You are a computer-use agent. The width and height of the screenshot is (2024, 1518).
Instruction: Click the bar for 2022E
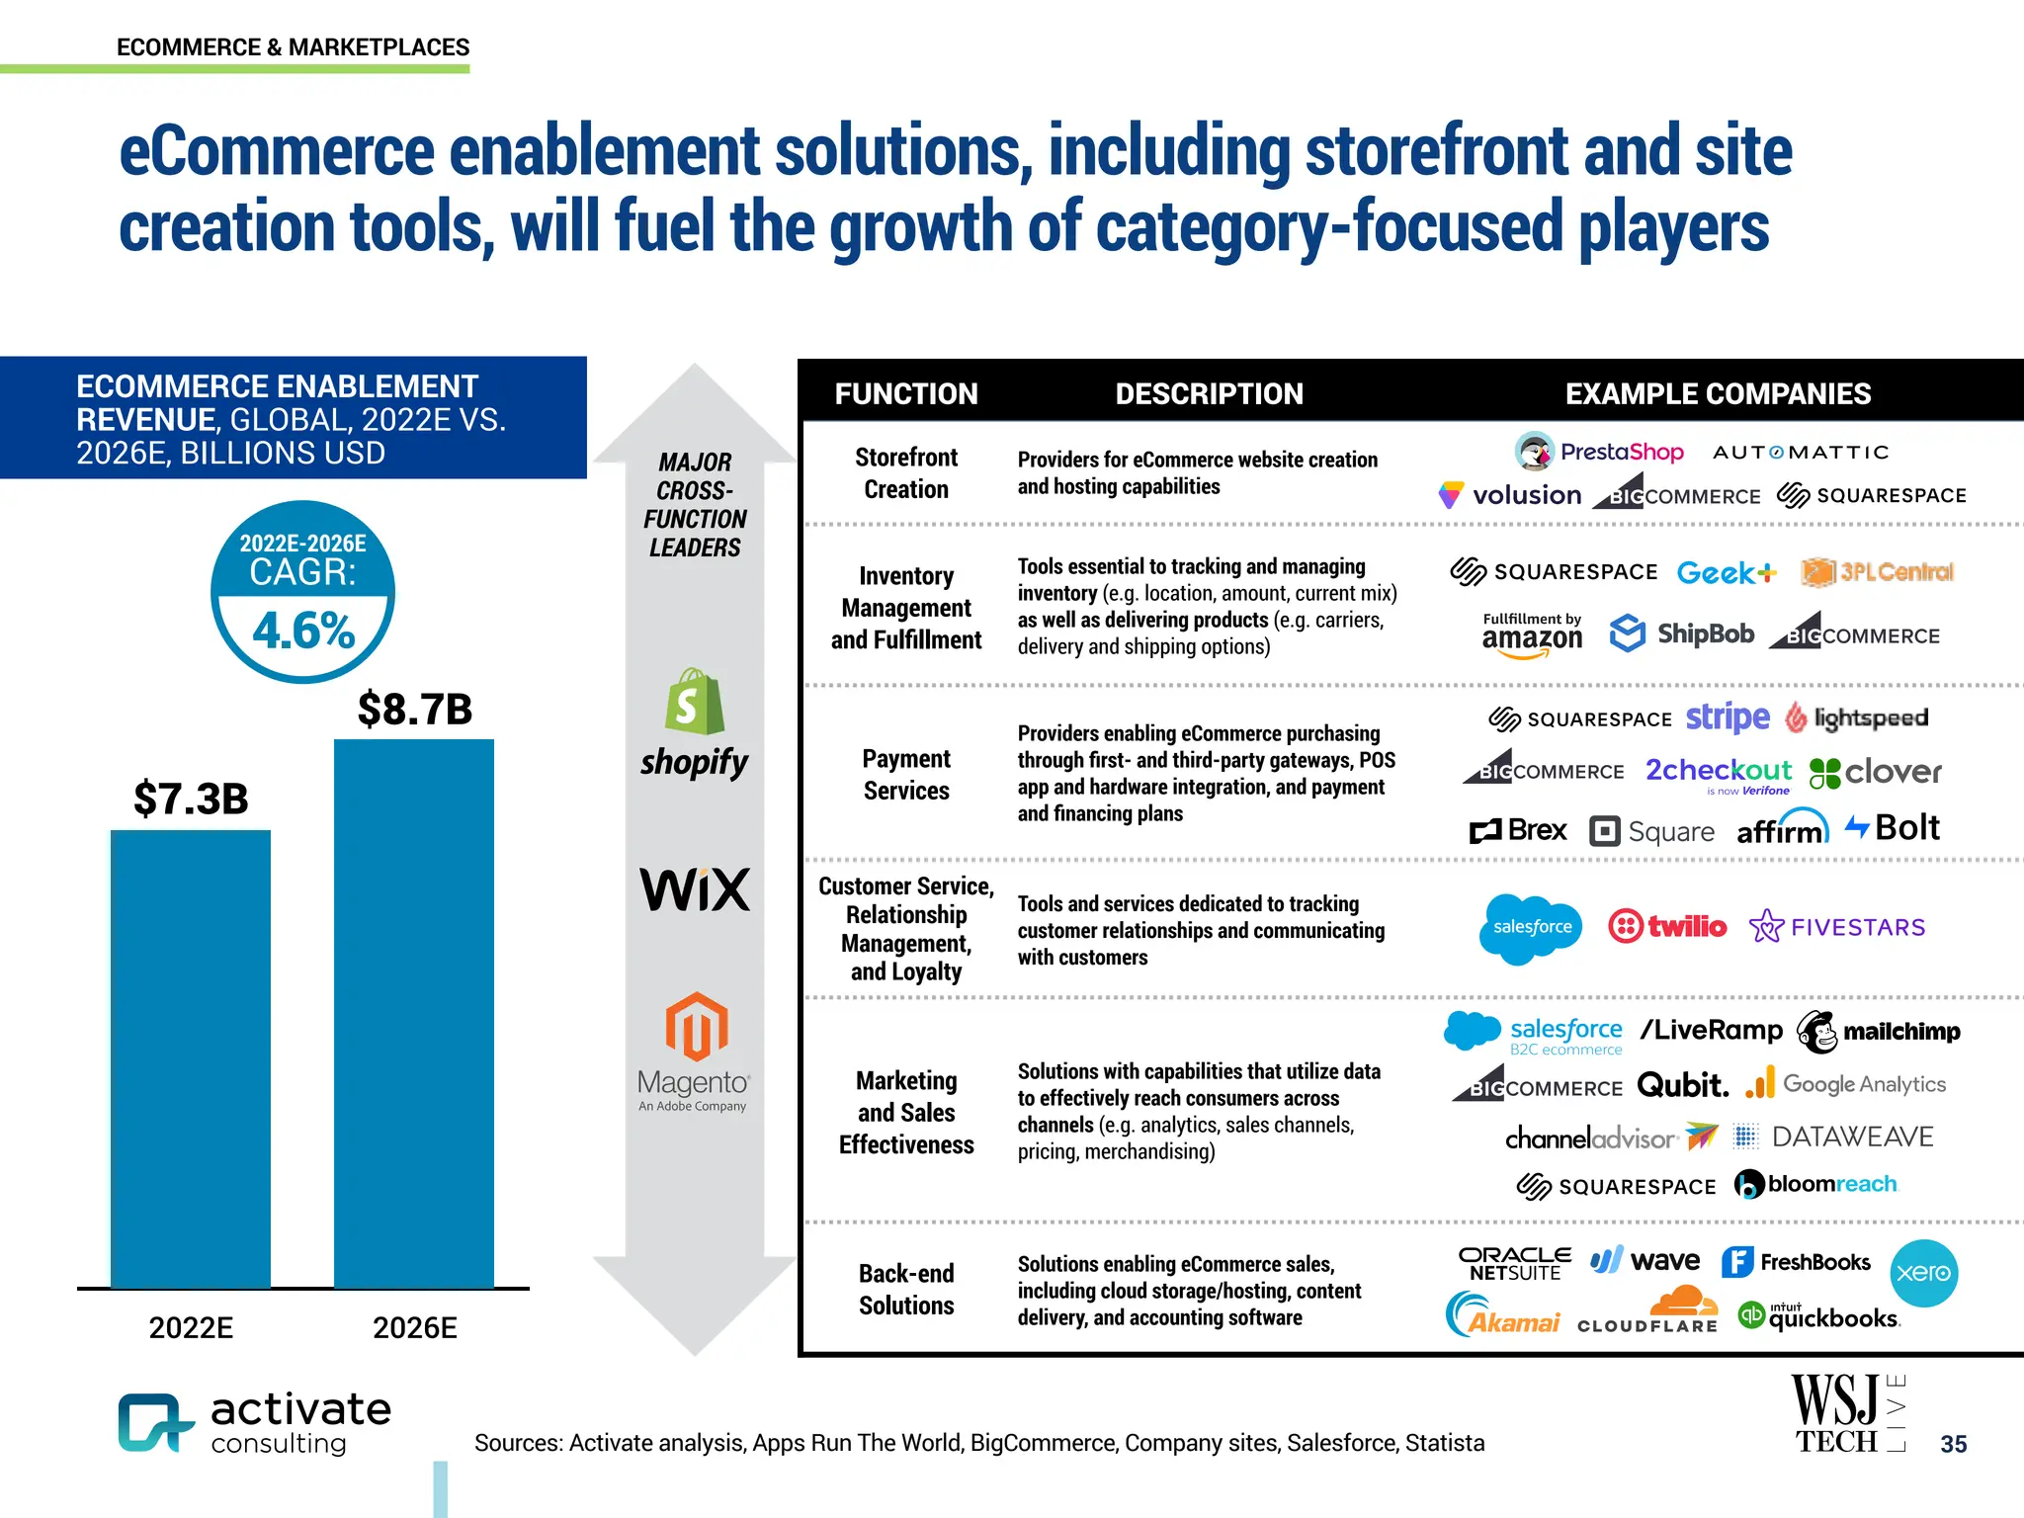click(x=190, y=1057)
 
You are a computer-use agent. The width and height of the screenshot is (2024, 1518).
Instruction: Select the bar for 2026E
click(x=414, y=1013)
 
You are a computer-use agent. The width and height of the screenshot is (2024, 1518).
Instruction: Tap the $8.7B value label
click(x=415, y=709)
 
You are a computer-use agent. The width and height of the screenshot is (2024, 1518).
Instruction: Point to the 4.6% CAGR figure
click(x=303, y=631)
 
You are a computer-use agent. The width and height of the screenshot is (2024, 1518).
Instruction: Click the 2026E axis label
click(x=414, y=1327)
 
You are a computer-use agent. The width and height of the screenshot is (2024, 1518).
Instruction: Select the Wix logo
click(x=695, y=889)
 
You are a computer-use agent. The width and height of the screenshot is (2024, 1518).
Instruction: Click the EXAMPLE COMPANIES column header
click(x=1718, y=393)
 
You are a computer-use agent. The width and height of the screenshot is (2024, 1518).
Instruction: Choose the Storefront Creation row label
click(x=906, y=473)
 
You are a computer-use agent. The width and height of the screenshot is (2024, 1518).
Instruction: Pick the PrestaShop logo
click(x=1599, y=452)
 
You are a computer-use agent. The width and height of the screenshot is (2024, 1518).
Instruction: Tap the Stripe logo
click(x=1728, y=717)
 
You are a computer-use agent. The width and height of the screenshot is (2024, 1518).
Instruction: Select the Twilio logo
click(x=1667, y=926)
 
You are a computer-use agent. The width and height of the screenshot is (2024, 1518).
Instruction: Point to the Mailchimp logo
click(x=1878, y=1032)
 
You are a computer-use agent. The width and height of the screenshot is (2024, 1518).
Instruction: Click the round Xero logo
click(x=1923, y=1273)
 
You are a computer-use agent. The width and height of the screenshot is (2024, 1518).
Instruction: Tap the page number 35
click(x=1953, y=1444)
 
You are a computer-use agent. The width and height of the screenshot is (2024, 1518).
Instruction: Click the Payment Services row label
click(x=906, y=775)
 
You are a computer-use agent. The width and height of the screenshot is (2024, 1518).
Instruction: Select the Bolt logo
click(x=1892, y=827)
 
